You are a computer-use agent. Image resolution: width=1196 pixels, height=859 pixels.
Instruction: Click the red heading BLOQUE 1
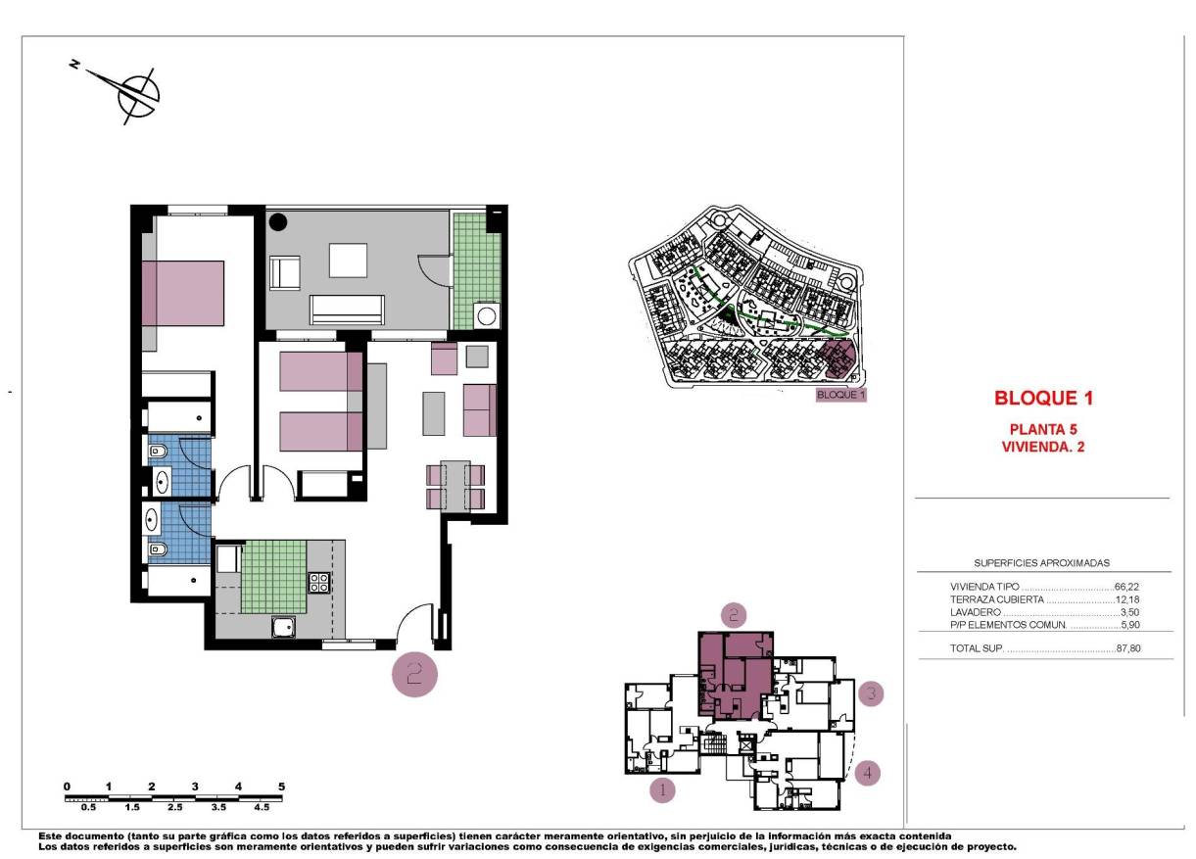point(1042,399)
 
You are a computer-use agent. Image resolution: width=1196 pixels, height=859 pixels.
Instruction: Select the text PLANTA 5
point(1042,429)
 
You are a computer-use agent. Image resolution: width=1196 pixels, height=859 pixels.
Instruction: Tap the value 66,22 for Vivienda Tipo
point(1126,586)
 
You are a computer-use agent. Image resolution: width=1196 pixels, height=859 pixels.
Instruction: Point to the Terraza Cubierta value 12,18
point(1127,598)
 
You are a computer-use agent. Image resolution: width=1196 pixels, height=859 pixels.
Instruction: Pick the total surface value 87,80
point(1127,648)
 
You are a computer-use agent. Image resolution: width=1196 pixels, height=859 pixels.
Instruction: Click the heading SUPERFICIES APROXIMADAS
point(1041,563)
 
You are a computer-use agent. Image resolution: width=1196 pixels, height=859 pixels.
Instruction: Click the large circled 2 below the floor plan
point(414,674)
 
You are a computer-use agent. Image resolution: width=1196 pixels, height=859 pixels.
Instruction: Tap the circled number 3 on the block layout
point(871,694)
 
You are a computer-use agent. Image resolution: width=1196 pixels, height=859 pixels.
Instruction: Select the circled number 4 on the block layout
point(867,773)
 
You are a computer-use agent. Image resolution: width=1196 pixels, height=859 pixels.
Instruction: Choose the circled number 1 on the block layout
point(663,788)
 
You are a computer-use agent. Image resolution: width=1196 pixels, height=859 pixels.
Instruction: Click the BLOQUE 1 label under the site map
point(841,396)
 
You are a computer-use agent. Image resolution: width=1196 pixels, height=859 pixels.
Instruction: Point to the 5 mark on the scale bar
point(281,787)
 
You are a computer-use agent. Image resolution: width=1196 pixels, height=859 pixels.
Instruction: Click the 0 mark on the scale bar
point(67,787)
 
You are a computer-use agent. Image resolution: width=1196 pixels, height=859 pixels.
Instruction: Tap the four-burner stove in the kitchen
point(319,583)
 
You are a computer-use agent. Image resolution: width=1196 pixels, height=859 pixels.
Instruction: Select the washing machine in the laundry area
point(486,315)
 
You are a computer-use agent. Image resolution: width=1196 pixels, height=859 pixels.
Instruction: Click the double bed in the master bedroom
point(183,293)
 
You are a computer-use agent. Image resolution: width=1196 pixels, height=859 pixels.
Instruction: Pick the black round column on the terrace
point(278,222)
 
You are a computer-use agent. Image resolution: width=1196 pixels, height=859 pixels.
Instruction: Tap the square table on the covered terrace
point(348,261)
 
